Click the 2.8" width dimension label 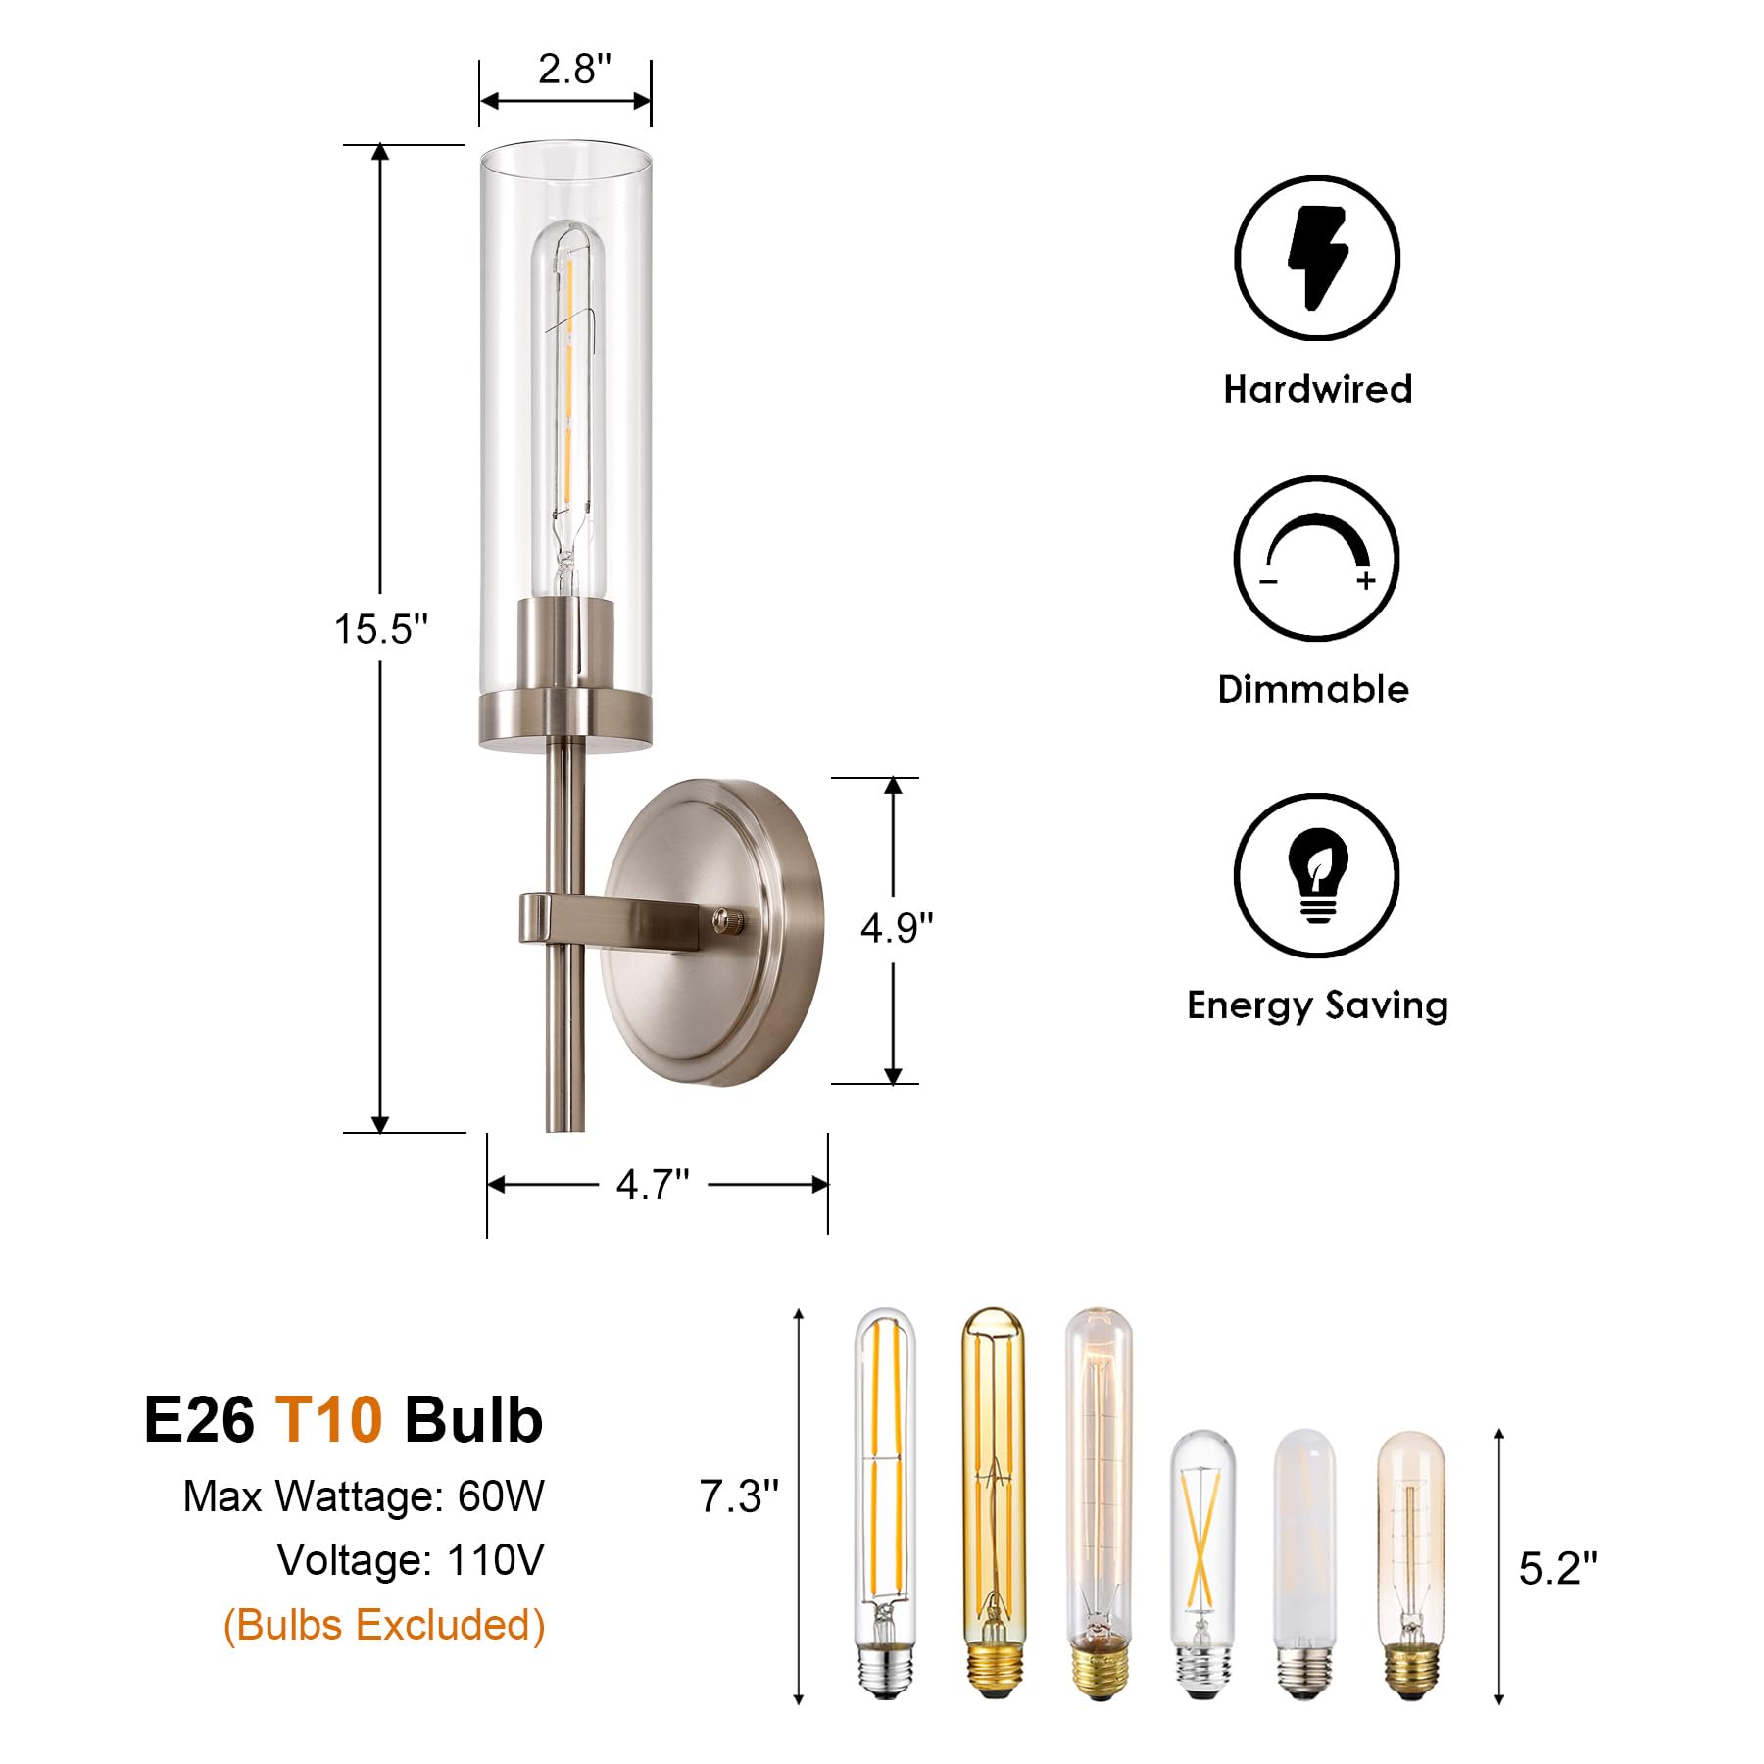[x=573, y=70]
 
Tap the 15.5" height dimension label [x=381, y=629]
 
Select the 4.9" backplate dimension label [x=896, y=927]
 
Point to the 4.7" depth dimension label [x=653, y=1185]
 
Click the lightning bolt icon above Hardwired [x=1316, y=259]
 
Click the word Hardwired [x=1317, y=389]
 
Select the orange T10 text [x=328, y=1419]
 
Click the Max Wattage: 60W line [x=364, y=1496]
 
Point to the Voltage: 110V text [x=410, y=1560]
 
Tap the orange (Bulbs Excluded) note [x=384, y=1625]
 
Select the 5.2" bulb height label [x=1557, y=1569]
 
